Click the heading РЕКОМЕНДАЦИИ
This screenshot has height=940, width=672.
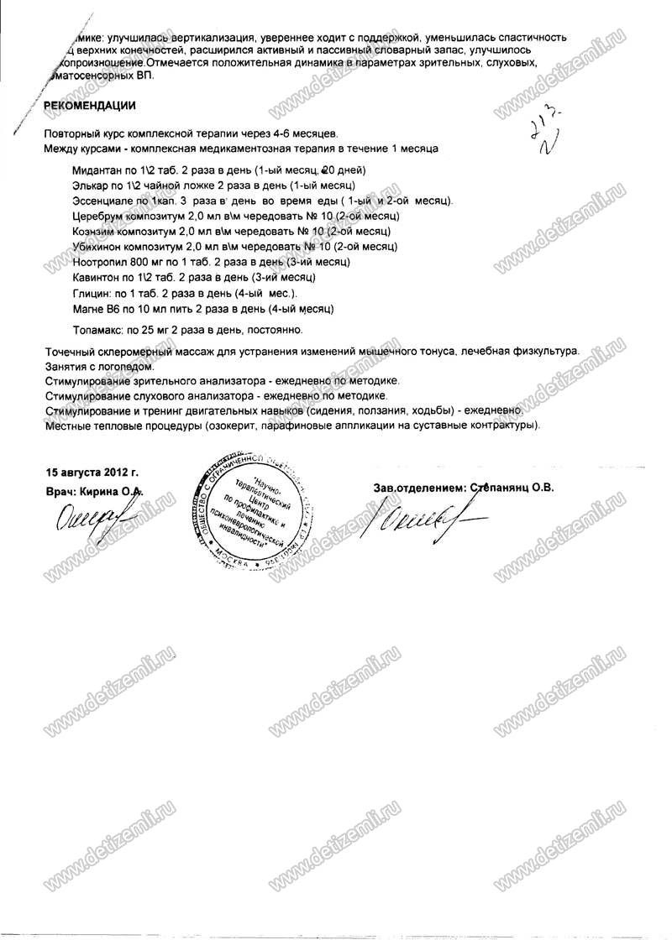[88, 106]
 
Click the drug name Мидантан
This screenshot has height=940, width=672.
[98, 169]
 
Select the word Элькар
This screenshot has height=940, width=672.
[92, 184]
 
